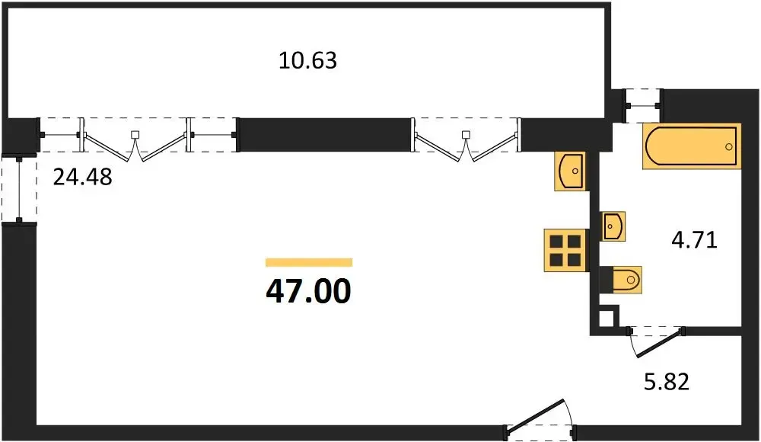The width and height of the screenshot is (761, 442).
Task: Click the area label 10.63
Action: [307, 61]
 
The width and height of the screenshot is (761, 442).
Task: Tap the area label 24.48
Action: [82, 177]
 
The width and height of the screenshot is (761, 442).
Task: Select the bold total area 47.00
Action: [309, 291]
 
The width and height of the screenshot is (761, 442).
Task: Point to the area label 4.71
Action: [694, 240]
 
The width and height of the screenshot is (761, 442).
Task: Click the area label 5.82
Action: [667, 382]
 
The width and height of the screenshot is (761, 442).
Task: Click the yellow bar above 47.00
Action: [309, 263]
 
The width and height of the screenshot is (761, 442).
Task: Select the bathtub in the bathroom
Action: [692, 146]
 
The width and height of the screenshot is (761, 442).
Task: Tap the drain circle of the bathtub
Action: [728, 147]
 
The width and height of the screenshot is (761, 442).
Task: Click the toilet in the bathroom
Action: [621, 280]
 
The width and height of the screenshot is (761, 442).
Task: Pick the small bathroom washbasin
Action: [613, 226]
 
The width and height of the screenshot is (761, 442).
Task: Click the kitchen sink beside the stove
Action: [571, 171]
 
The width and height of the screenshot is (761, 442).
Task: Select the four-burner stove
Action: [565, 250]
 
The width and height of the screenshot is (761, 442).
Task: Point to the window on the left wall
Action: [19, 189]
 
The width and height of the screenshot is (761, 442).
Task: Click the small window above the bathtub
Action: [642, 105]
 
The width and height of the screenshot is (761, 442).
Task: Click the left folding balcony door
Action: [136, 140]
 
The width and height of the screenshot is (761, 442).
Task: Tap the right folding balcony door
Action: [466, 140]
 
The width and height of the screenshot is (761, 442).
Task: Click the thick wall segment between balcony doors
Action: [325, 135]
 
